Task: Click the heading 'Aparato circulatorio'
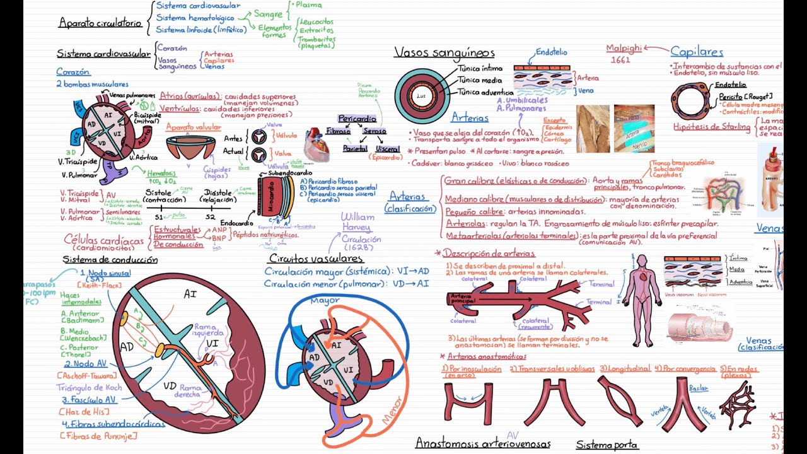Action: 100,23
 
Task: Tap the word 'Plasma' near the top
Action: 308,5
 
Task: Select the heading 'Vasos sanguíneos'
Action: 444,53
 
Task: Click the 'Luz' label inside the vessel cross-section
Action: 422,96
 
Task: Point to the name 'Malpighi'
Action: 624,49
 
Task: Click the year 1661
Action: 620,60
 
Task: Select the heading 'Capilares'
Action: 697,52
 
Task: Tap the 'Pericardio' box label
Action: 357,119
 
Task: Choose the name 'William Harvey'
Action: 357,221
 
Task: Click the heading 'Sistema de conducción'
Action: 110,260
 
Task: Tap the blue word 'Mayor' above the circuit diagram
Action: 325,300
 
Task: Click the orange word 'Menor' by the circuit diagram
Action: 392,410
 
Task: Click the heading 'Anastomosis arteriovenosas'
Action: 482,444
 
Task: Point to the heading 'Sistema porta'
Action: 607,445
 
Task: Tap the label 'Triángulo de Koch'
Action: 89,388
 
